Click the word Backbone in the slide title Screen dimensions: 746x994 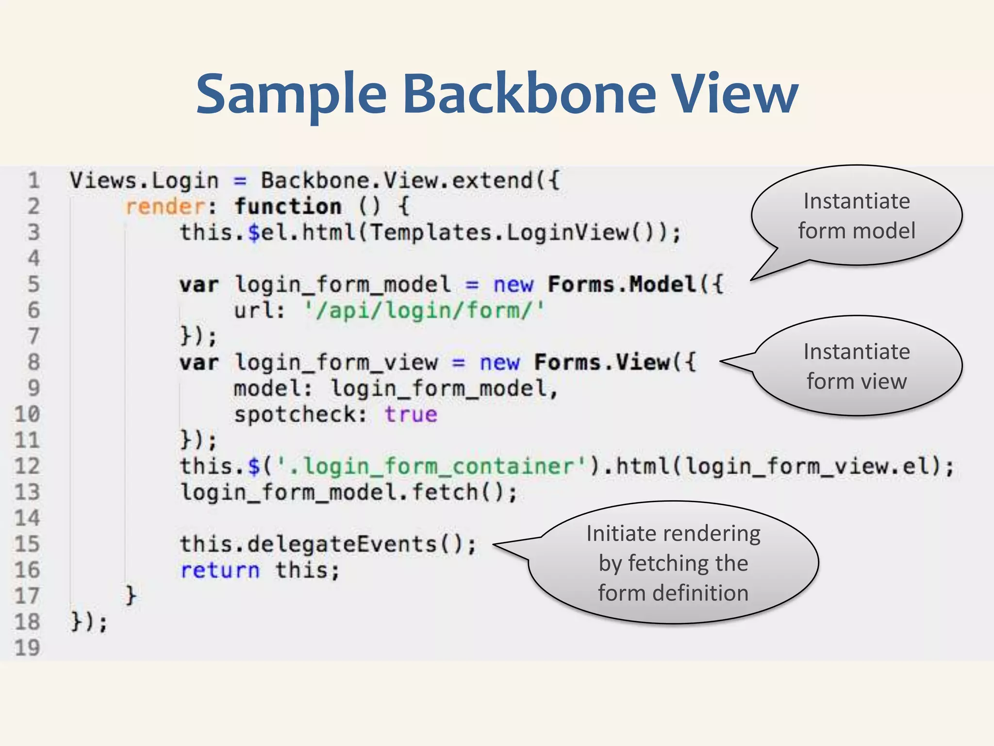point(529,93)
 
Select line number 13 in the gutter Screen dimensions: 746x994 point(27,492)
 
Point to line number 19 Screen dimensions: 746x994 point(27,648)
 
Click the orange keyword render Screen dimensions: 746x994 point(165,207)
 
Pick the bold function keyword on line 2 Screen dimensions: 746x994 point(288,207)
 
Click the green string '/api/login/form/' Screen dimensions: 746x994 point(424,310)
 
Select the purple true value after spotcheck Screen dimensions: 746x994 point(411,415)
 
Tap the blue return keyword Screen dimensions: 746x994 point(220,570)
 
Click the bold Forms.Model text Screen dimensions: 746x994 point(622,285)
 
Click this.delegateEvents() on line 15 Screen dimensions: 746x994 point(328,544)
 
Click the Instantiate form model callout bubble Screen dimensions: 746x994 point(857,216)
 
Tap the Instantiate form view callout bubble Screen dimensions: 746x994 point(857,366)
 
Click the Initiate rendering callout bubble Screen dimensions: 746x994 point(673,563)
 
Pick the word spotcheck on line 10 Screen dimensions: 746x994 point(295,415)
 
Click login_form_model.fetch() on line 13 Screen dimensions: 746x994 point(348,492)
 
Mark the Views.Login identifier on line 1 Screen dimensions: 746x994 point(144,181)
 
